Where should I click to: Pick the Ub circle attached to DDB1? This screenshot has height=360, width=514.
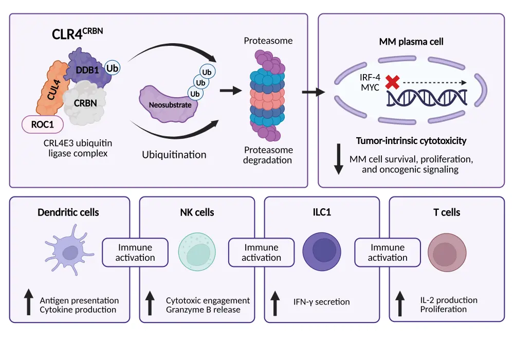tap(112, 68)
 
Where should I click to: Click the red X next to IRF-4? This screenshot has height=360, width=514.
tap(393, 82)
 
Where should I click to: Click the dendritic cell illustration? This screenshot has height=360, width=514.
tap(68, 251)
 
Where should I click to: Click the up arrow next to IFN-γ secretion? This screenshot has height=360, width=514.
tap(276, 302)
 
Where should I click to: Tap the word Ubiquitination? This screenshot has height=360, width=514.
tap(174, 154)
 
